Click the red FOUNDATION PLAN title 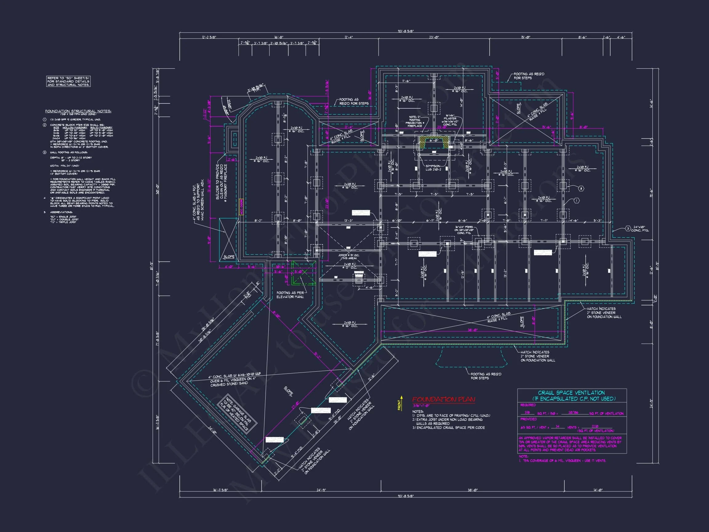[444, 399]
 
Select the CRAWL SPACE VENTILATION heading [571, 393]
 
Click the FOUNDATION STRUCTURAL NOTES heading [78, 111]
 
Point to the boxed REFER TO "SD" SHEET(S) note [68, 82]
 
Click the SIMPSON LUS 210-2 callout [433, 168]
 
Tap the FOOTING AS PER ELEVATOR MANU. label [290, 295]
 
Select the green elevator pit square [303, 272]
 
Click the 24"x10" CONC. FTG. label [640, 229]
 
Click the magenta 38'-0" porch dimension [473, 330]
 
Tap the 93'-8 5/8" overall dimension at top [406, 31]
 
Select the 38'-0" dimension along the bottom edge [473, 490]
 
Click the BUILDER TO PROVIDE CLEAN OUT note [222, 182]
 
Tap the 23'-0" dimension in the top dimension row [434, 37]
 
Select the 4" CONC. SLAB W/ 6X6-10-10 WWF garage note [235, 379]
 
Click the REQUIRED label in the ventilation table [528, 405]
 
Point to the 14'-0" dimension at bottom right [598, 490]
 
